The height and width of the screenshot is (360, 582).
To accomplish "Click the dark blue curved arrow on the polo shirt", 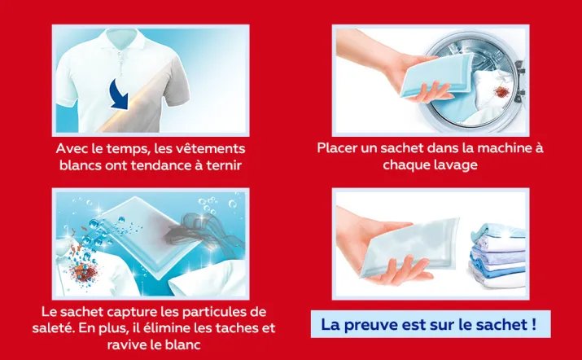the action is click(x=120, y=95).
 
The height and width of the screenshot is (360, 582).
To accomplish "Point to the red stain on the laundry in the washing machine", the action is click(x=502, y=91).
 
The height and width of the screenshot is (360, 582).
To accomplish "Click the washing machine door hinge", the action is click(x=520, y=81).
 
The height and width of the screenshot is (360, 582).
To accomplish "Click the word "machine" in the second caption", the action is click(x=504, y=148).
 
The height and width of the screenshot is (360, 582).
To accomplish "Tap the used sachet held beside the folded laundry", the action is click(x=409, y=246).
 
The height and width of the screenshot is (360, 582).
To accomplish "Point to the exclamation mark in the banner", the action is click(x=533, y=323).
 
